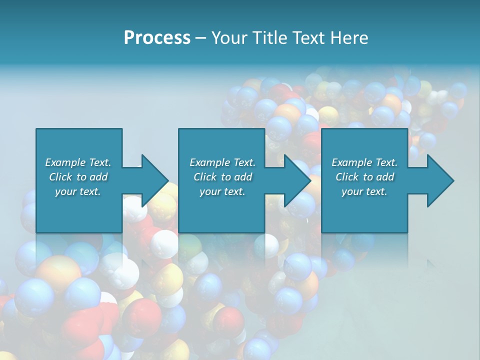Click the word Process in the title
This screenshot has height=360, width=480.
point(157,38)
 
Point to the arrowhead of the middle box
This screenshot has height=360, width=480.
point(296,180)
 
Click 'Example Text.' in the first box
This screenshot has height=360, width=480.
point(78,162)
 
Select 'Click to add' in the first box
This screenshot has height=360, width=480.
point(78,177)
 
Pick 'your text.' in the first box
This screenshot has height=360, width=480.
point(78,191)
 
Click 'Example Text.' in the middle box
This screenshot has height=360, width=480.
point(222,162)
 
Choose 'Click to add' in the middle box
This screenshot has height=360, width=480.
point(222,177)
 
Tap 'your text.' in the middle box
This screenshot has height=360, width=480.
point(222,191)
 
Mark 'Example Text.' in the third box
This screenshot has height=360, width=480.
point(364,162)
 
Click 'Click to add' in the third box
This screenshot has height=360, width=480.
point(364,177)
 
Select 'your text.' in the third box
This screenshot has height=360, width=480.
point(364,191)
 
